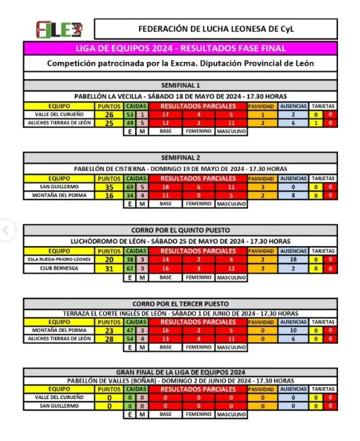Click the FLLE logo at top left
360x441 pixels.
(59, 30)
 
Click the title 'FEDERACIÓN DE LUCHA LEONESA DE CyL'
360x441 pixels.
(215, 29)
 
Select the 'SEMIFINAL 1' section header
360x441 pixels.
(180, 86)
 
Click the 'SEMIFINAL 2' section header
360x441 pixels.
(180, 158)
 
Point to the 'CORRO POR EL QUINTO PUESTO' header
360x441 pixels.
(180, 229)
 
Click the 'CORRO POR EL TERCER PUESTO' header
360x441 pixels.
(180, 303)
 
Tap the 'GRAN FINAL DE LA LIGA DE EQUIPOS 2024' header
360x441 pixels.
(180, 372)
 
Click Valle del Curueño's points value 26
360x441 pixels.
(108, 114)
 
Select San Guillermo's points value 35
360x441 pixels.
(108, 187)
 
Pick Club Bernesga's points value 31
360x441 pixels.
(108, 268)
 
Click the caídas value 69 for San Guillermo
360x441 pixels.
(130, 187)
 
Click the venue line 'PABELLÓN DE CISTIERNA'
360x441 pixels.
(180, 169)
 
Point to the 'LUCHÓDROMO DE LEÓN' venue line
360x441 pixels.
(180, 241)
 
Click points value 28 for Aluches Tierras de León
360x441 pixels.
(108, 339)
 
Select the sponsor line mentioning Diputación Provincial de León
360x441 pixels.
(180, 63)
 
